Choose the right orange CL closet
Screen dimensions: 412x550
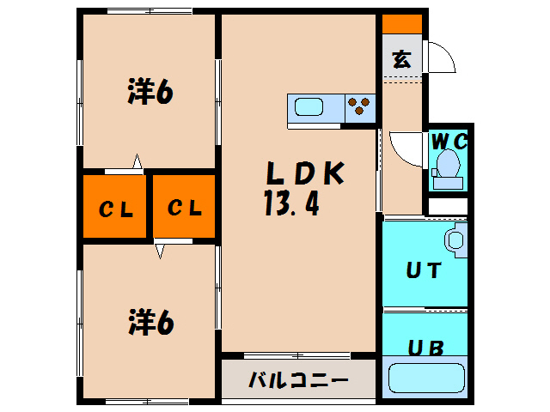pos(184,208)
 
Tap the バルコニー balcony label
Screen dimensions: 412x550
pos(298,379)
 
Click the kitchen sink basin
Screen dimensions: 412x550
pos(309,107)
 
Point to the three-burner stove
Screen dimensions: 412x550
pos(359,107)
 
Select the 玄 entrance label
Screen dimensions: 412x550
pos(401,60)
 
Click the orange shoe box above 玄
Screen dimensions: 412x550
pos(401,24)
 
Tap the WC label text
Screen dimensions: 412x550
pos(448,141)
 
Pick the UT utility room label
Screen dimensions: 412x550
pos(424,270)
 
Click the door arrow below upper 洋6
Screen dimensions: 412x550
pos(136,161)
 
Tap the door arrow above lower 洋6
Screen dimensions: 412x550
pos(160,250)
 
